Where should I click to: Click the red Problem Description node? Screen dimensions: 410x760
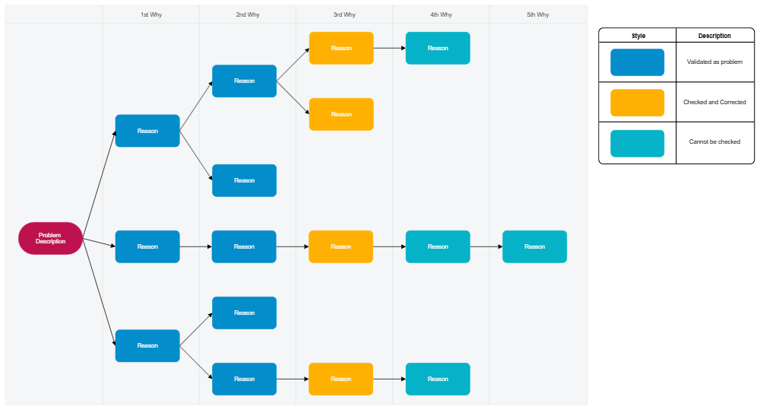[x=50, y=238]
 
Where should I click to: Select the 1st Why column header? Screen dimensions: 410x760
[x=150, y=14]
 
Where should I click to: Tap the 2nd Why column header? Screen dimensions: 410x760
[x=247, y=14]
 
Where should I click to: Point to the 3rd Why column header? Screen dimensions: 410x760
[x=344, y=14]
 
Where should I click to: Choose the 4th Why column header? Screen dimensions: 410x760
[x=441, y=14]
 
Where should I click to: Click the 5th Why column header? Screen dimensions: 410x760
[x=537, y=14]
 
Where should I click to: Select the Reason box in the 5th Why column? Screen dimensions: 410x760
[x=534, y=246]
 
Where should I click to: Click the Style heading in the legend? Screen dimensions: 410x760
[x=638, y=36]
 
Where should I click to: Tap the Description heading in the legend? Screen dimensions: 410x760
[x=714, y=36]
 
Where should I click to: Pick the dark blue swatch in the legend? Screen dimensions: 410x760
[x=637, y=62]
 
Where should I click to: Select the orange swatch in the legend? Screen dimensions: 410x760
[x=637, y=102]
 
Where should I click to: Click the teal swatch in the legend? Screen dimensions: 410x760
[x=637, y=142]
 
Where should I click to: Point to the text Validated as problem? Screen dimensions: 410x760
[x=714, y=62]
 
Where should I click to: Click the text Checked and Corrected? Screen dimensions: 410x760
[x=714, y=102]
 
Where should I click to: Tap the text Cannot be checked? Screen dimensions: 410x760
[x=714, y=142]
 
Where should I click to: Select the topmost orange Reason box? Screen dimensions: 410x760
[x=341, y=48]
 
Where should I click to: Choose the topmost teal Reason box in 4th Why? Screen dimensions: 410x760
[x=438, y=48]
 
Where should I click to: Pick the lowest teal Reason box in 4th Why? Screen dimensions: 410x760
[x=438, y=379]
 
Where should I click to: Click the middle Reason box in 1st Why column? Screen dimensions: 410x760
[x=147, y=246]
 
